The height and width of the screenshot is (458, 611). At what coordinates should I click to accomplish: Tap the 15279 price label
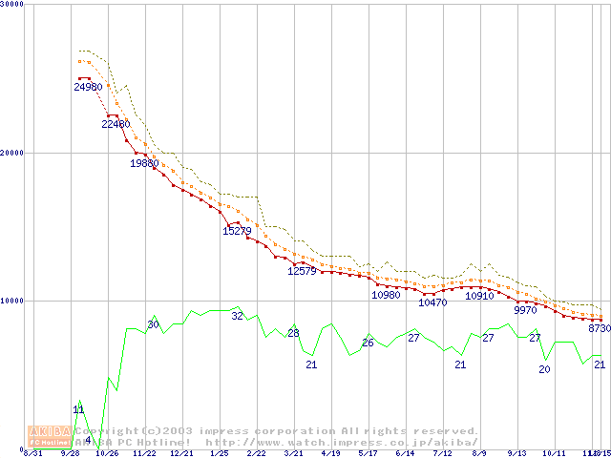(x=237, y=230)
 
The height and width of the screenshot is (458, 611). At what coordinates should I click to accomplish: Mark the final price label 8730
(x=599, y=328)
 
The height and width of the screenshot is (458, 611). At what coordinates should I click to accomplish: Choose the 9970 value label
(x=525, y=310)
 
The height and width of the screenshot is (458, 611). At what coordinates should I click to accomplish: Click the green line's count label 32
(x=237, y=316)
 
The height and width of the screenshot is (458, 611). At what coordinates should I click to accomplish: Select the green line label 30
(x=153, y=325)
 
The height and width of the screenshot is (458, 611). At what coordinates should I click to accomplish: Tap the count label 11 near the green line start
(x=78, y=409)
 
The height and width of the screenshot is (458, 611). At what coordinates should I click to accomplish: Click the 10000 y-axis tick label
(x=13, y=301)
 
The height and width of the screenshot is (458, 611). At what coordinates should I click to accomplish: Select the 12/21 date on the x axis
(x=181, y=454)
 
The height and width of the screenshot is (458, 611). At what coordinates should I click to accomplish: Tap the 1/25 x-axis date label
(x=220, y=454)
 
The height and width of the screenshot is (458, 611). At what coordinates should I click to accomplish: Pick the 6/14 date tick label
(x=406, y=454)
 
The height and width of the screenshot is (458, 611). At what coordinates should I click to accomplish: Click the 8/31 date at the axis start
(x=32, y=454)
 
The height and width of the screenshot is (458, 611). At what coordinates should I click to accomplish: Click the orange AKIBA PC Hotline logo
(x=49, y=435)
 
